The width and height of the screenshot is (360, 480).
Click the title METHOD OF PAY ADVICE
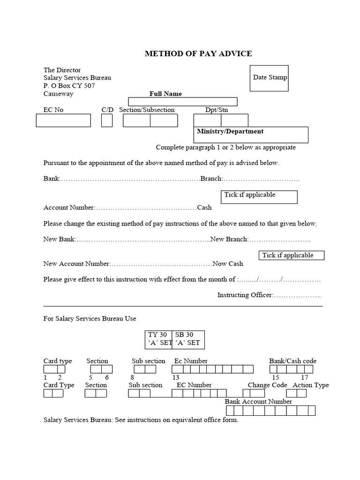pyautogui.click(x=198, y=53)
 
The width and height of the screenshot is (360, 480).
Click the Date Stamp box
pyautogui.click(x=270, y=78)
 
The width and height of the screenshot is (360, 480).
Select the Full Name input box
pyautogui.click(x=182, y=102)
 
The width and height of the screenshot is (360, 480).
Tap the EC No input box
pyautogui.click(x=63, y=120)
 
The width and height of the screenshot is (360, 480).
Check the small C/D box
pyautogui.click(x=107, y=120)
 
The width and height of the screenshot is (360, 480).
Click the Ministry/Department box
pyautogui.click(x=251, y=135)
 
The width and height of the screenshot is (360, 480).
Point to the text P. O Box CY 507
pyautogui.click(x=69, y=86)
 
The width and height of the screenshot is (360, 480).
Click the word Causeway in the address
pyautogui.click(x=58, y=94)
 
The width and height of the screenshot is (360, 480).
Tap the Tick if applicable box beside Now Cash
pyautogui.click(x=292, y=255)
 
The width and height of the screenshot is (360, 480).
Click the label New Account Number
pyautogui.click(x=77, y=264)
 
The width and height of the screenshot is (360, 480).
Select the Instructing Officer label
pyautogui.click(x=244, y=295)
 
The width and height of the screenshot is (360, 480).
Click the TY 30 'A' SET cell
pyautogui.click(x=159, y=339)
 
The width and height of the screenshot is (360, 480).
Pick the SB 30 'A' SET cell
pyautogui.click(x=188, y=339)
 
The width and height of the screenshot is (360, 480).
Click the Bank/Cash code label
pyautogui.click(x=292, y=361)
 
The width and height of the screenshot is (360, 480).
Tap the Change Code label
pyautogui.click(x=267, y=385)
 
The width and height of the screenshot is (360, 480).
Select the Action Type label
pyautogui.click(x=310, y=385)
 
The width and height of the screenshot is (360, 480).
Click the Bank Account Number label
pyautogui.click(x=258, y=402)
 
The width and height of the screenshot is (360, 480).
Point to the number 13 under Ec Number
pyautogui.click(x=176, y=377)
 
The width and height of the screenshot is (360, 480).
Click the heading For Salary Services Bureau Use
pyautogui.click(x=90, y=319)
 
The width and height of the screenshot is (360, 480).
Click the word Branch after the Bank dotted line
pyautogui.click(x=211, y=179)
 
